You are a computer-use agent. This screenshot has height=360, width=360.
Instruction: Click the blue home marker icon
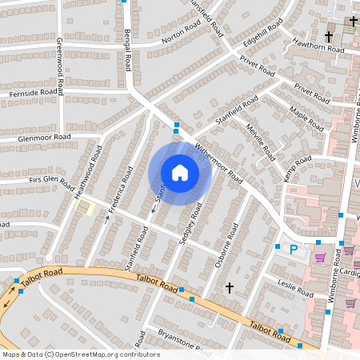180,172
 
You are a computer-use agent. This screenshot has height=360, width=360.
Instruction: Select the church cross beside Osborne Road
230,287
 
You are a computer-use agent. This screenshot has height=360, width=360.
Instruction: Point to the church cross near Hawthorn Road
329,37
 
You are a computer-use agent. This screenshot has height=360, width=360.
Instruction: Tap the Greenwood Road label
60,63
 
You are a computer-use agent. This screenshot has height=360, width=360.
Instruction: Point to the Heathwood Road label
89,172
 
